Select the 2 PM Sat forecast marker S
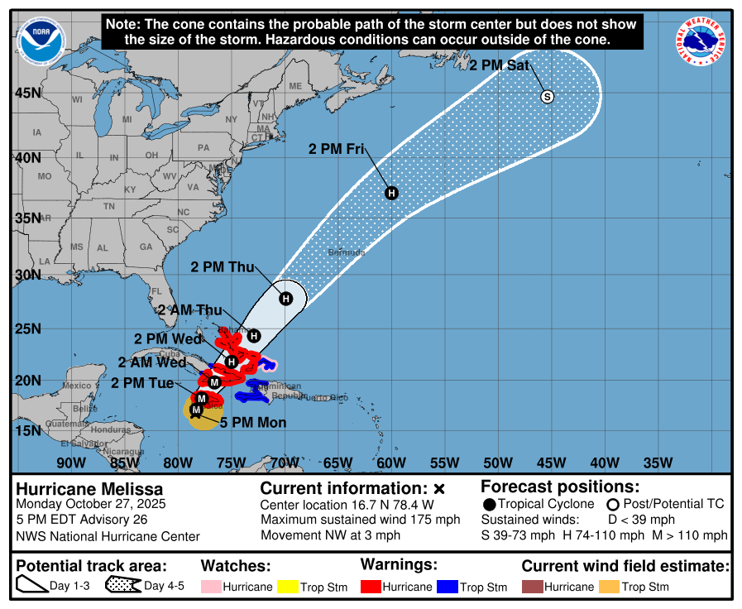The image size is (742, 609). (547, 97)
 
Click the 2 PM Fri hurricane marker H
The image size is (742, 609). (391, 193)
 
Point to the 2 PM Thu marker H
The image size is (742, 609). (285, 299)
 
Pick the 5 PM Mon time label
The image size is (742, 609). (253, 423)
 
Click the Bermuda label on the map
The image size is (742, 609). (346, 252)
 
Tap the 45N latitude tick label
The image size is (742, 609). (27, 93)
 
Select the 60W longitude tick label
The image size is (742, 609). (390, 462)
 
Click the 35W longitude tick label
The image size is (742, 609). (658, 462)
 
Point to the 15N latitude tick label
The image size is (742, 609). (27, 431)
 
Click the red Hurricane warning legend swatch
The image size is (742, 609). (371, 587)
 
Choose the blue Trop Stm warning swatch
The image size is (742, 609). (448, 587)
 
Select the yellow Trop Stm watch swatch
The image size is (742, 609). (288, 587)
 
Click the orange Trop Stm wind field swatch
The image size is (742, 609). (610, 587)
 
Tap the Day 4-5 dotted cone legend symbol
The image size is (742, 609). (122, 586)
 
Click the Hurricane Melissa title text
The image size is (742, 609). (90, 489)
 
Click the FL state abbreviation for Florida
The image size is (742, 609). (155, 291)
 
